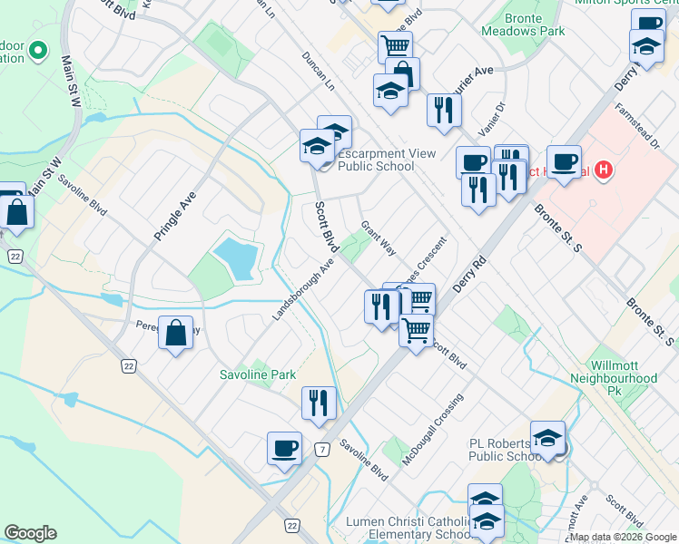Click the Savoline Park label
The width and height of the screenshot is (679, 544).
[258, 374]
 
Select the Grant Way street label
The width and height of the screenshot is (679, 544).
[379, 237]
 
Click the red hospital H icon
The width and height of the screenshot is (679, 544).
[604, 170]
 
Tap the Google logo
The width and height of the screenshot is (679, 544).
[30, 533]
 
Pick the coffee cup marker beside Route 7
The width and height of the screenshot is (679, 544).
[284, 447]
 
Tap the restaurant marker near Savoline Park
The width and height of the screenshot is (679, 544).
[319, 402]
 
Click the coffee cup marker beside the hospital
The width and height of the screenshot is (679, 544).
[564, 161]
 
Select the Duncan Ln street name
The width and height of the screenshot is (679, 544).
[318, 72]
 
